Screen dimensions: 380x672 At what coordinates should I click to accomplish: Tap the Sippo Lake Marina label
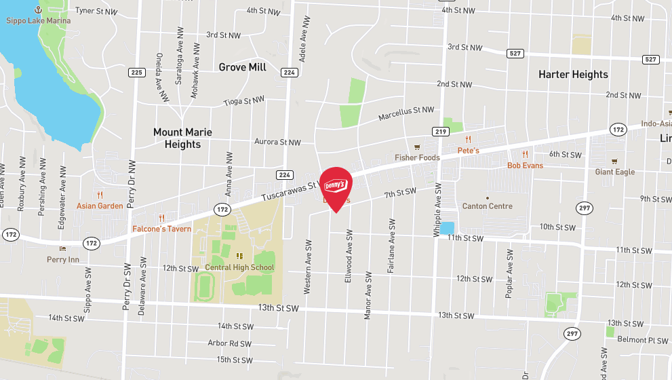tap(38, 20)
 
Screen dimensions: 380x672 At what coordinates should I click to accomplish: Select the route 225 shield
tap(137, 73)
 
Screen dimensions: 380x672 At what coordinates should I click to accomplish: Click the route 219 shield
tap(441, 131)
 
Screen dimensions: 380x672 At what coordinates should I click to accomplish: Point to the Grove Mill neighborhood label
tap(242, 67)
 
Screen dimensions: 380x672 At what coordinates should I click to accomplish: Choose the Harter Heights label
tap(573, 74)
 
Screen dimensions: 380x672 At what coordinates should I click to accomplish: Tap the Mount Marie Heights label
tap(182, 138)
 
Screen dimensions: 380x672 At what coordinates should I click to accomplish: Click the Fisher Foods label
tap(418, 157)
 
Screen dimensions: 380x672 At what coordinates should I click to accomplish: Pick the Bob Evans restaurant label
tap(526, 165)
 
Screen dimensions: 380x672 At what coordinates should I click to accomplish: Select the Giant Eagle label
tap(615, 172)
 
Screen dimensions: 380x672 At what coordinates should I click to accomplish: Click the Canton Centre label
tap(487, 206)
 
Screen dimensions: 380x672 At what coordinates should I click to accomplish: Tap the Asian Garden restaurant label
tap(100, 206)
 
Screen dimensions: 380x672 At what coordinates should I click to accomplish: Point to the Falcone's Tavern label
tap(161, 229)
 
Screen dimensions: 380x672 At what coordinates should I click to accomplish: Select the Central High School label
tap(239, 267)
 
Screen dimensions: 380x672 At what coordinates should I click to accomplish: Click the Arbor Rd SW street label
tap(230, 343)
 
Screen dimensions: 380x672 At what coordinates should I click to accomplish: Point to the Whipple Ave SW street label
tap(437, 209)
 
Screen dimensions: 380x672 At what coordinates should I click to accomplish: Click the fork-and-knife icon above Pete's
tap(468, 140)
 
